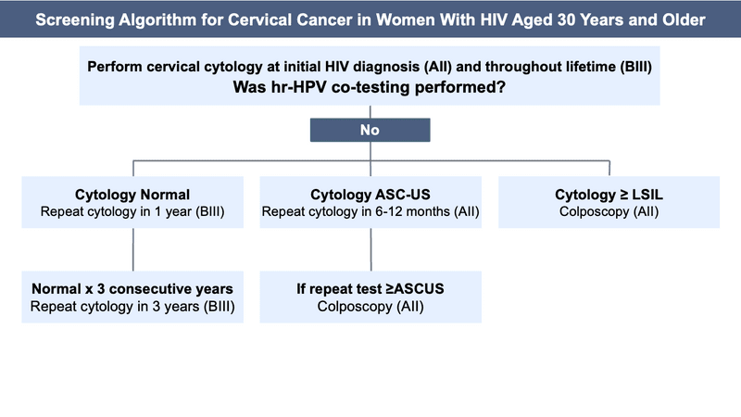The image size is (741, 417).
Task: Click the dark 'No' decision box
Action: [x=370, y=131]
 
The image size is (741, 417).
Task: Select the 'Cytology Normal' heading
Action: [x=132, y=195]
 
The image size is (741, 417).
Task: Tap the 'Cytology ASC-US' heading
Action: [x=370, y=195]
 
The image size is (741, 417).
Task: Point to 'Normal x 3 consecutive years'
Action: [x=132, y=289]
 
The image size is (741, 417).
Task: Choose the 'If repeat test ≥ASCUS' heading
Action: [x=370, y=289]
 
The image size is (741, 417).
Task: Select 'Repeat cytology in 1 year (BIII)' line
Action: [x=132, y=212]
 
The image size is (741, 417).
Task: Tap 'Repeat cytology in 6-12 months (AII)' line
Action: [x=370, y=212]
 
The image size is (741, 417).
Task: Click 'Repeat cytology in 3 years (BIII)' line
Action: [x=132, y=307]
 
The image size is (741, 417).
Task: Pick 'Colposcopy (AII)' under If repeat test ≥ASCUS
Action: [x=370, y=307]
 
